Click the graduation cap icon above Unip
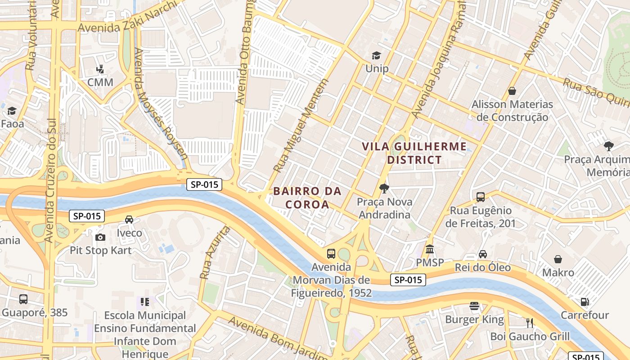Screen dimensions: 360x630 coord(376,55)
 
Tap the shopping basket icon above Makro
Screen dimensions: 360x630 coord(558,259)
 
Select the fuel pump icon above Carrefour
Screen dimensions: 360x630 coord(585,302)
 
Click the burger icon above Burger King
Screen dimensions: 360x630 coord(474,306)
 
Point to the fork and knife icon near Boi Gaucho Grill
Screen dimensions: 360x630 coord(530,323)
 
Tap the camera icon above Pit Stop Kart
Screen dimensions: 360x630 coord(100,237)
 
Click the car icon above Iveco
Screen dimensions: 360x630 coord(129,220)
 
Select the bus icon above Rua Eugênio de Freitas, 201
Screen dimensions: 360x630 coord(481,197)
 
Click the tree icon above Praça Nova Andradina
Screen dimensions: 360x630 coord(384,188)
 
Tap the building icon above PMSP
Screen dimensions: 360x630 coord(430,249)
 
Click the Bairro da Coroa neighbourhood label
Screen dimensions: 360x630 coord(307,198)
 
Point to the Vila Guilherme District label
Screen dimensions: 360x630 coord(414,153)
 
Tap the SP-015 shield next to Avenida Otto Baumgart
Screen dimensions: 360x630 coord(204,184)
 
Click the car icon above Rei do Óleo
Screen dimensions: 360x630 coord(483,254)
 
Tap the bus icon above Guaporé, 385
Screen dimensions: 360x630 coord(23,299)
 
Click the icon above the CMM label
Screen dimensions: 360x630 coord(100,69)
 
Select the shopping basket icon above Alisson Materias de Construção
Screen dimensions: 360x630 coord(512,91)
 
